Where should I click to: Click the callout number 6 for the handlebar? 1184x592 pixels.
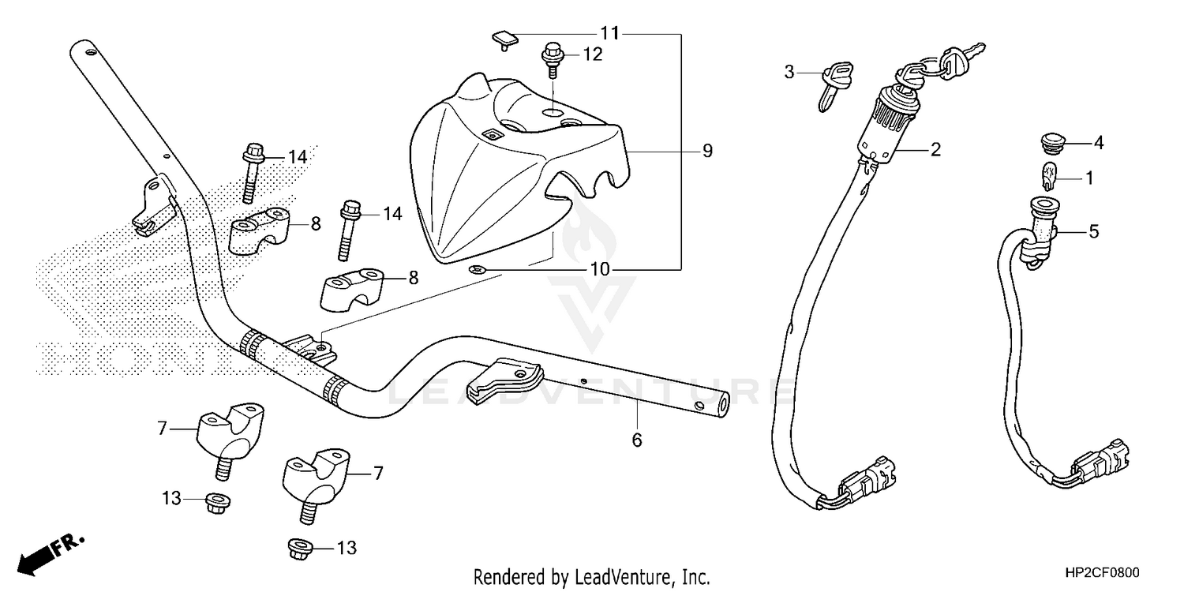(636, 440)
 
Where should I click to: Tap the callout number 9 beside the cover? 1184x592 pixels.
(706, 150)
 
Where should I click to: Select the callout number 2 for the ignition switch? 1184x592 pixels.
(935, 149)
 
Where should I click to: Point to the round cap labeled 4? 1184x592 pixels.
(1047, 144)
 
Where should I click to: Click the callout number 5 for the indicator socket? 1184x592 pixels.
(1093, 232)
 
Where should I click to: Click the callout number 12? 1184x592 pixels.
(593, 54)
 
